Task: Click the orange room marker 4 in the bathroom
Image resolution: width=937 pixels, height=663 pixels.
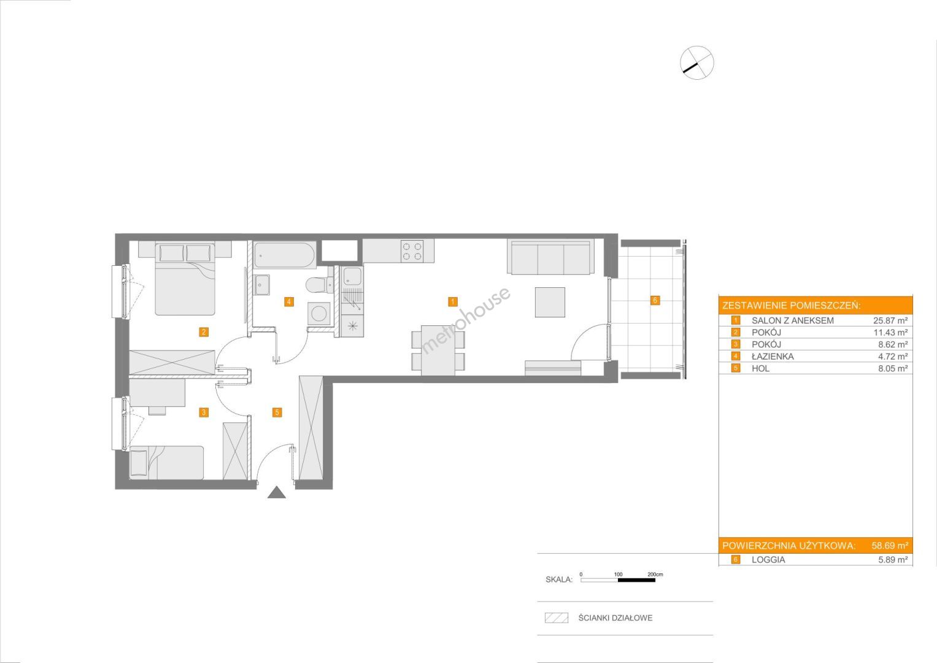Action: (288, 301)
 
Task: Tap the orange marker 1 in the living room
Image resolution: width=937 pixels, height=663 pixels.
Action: (452, 301)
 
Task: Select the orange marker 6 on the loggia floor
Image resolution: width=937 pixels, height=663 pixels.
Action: (655, 300)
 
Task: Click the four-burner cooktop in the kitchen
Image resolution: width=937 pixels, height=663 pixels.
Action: (412, 251)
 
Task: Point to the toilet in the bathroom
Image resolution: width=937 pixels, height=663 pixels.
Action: (318, 284)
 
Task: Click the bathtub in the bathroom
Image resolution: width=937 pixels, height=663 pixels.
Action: (285, 255)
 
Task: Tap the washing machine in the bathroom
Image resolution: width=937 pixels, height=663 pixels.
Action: (320, 314)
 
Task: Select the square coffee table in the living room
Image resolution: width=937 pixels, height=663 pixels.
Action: (550, 302)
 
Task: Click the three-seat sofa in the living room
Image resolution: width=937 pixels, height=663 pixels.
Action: (550, 257)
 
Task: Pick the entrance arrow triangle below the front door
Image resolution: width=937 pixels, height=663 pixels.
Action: (277, 492)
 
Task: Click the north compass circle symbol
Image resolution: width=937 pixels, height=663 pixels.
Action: (696, 63)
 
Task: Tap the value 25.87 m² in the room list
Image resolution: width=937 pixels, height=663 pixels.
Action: (890, 320)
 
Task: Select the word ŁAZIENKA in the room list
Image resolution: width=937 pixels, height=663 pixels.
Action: (772, 356)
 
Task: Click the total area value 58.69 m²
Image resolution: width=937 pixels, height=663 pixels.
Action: (890, 546)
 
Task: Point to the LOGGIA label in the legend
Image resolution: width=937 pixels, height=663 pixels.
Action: (768, 560)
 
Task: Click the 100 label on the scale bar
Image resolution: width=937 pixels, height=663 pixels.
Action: (619, 574)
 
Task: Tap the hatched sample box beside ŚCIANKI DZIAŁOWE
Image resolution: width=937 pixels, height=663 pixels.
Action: (557, 618)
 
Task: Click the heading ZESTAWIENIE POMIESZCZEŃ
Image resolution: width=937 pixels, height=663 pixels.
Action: (792, 306)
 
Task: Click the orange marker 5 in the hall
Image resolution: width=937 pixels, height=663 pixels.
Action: (277, 413)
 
